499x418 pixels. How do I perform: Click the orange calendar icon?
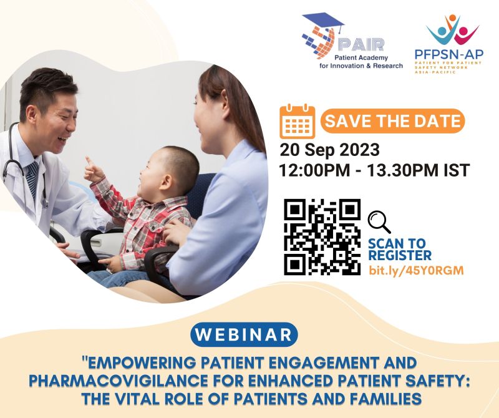click(x=298, y=121)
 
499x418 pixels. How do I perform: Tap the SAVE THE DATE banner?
click(x=392, y=121)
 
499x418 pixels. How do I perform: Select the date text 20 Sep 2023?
click(x=330, y=150)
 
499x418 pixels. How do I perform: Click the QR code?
click(x=322, y=237)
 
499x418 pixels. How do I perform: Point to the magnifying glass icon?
click(x=379, y=222)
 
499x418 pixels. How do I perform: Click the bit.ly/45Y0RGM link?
click(x=416, y=270)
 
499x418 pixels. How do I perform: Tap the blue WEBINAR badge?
click(x=244, y=334)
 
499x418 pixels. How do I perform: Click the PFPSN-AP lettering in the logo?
click(x=449, y=54)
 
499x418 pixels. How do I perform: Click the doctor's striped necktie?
click(x=32, y=179)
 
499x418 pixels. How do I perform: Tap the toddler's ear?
click(x=166, y=182)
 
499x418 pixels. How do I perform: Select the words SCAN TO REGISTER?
click(x=400, y=250)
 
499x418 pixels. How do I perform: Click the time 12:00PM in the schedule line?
click(x=314, y=170)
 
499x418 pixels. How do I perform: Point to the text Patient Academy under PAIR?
click(x=361, y=57)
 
